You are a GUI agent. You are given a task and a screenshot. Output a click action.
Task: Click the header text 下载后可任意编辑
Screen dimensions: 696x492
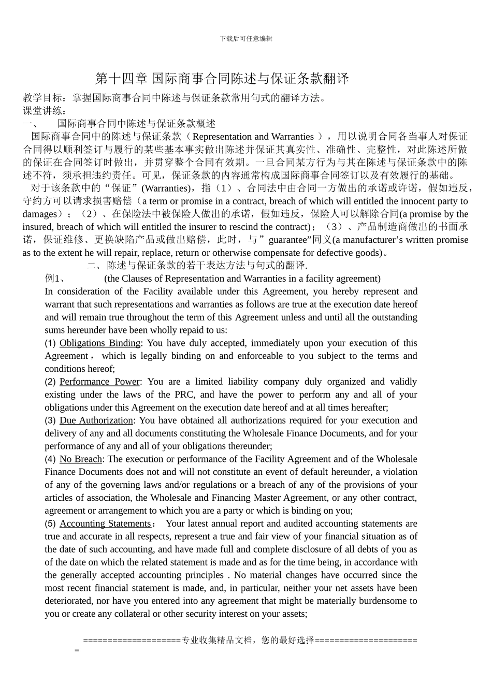point(246,39)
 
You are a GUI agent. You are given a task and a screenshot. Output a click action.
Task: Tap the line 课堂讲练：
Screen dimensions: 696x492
point(45,111)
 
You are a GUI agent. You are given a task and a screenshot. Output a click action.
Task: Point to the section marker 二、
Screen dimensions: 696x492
point(95,266)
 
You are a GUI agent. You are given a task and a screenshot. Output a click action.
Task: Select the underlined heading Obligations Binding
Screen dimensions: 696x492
point(100,343)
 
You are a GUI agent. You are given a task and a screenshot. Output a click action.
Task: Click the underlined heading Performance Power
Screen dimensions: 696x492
point(100,382)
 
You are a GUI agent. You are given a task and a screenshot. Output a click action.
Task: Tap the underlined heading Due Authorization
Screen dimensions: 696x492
point(96,421)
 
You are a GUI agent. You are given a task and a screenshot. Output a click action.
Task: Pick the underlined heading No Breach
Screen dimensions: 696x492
point(81,459)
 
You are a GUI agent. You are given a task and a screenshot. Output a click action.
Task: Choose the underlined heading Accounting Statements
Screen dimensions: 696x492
point(105,524)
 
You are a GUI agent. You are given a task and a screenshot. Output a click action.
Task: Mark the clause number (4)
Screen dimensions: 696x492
point(50,459)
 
